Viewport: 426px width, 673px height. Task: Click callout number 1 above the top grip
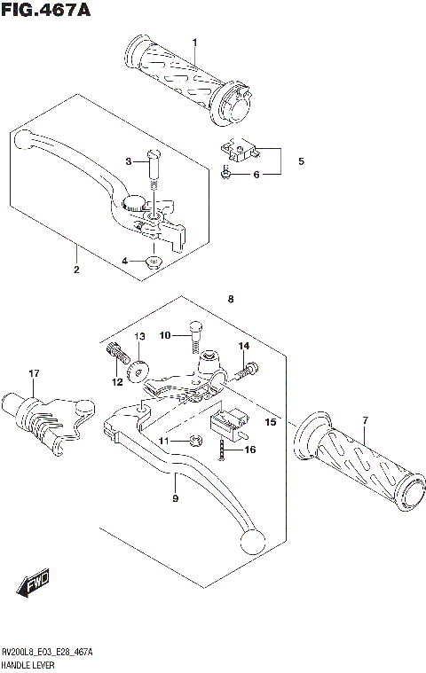(195, 43)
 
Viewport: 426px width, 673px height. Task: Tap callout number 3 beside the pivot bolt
(125, 261)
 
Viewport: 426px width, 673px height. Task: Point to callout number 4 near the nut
(301, 161)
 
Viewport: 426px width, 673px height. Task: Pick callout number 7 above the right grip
(363, 419)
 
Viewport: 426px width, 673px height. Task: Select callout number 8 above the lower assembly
(231, 300)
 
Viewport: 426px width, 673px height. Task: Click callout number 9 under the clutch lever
(175, 500)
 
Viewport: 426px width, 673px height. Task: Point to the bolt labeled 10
(194, 336)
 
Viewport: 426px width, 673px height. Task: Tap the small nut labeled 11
(190, 440)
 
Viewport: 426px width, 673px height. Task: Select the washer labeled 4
(154, 261)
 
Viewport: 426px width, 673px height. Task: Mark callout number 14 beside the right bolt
(243, 345)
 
